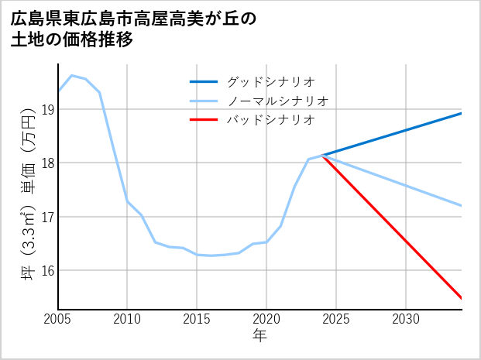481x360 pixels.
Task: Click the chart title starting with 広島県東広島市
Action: click(133, 18)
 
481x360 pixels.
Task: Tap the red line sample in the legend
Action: click(204, 120)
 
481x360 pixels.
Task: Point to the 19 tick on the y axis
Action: click(48, 109)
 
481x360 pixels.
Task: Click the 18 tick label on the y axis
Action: click(48, 163)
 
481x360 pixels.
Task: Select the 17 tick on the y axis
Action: click(48, 217)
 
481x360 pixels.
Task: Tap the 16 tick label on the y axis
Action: click(48, 271)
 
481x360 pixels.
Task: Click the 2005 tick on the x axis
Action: click(57, 319)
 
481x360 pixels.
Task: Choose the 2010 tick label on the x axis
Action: click(127, 319)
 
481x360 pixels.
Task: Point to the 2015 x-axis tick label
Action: click(197, 319)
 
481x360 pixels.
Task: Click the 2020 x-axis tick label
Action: click(266, 319)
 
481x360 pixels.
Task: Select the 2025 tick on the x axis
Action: click(336, 319)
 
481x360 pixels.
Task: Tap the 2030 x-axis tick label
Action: click(406, 319)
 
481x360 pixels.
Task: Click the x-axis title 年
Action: click(260, 336)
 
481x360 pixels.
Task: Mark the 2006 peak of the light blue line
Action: click(71, 75)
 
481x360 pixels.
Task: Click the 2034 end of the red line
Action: click(462, 298)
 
